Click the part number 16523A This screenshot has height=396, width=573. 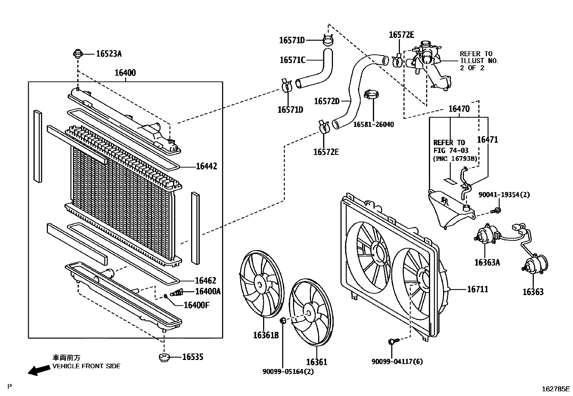point(109,54)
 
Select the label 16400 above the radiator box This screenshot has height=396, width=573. point(125,73)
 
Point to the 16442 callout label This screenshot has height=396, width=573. point(206,166)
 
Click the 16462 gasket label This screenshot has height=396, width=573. point(206,280)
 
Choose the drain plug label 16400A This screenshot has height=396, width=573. point(208,292)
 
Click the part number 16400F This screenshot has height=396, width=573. point(196,305)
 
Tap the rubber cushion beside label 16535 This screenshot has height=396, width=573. point(164,358)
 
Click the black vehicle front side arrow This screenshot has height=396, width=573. point(39,370)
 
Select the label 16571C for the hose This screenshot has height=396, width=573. point(292,60)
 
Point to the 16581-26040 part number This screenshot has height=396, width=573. point(373,125)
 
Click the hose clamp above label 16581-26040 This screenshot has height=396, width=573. point(373,95)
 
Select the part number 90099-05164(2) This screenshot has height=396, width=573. point(288,371)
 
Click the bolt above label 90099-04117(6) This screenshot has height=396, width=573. point(392,341)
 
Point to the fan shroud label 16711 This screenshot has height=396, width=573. point(478,289)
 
